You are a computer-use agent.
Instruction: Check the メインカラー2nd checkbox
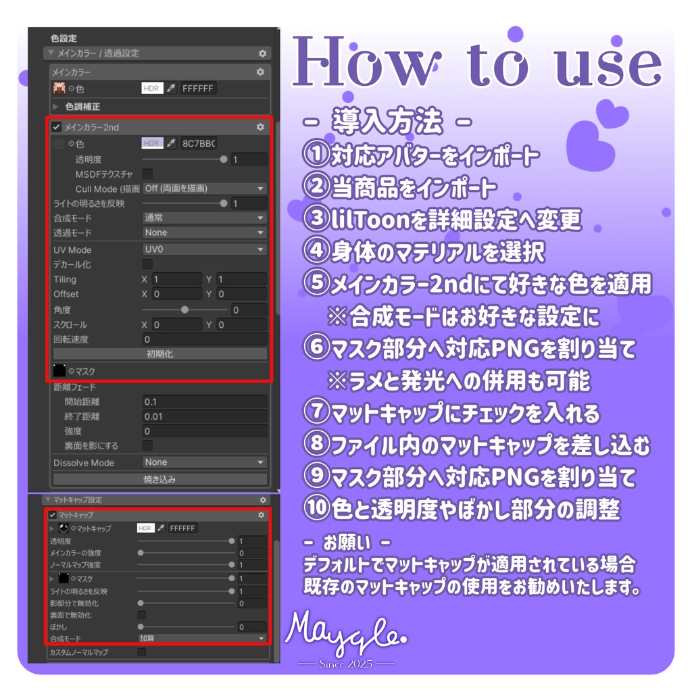pyautogui.click(x=57, y=127)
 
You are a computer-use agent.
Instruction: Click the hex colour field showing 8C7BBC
pyautogui.click(x=199, y=143)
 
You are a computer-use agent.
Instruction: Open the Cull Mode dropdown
pyautogui.click(x=205, y=189)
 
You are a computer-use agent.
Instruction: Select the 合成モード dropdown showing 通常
pyautogui.click(x=205, y=218)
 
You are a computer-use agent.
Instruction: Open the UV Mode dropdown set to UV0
pyautogui.click(x=205, y=250)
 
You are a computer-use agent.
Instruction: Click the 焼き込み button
pyautogui.click(x=160, y=479)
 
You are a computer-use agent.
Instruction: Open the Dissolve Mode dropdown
pyautogui.click(x=205, y=462)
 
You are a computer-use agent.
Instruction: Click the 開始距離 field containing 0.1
pyautogui.click(x=205, y=402)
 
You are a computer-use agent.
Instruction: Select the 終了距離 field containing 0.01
pyautogui.click(x=205, y=416)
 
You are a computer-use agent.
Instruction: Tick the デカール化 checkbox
pyautogui.click(x=147, y=264)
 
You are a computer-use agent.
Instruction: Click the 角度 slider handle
pyautogui.click(x=184, y=310)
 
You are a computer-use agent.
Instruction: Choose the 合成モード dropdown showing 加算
pyautogui.click(x=201, y=638)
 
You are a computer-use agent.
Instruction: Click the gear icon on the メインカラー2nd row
pyautogui.click(x=261, y=127)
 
